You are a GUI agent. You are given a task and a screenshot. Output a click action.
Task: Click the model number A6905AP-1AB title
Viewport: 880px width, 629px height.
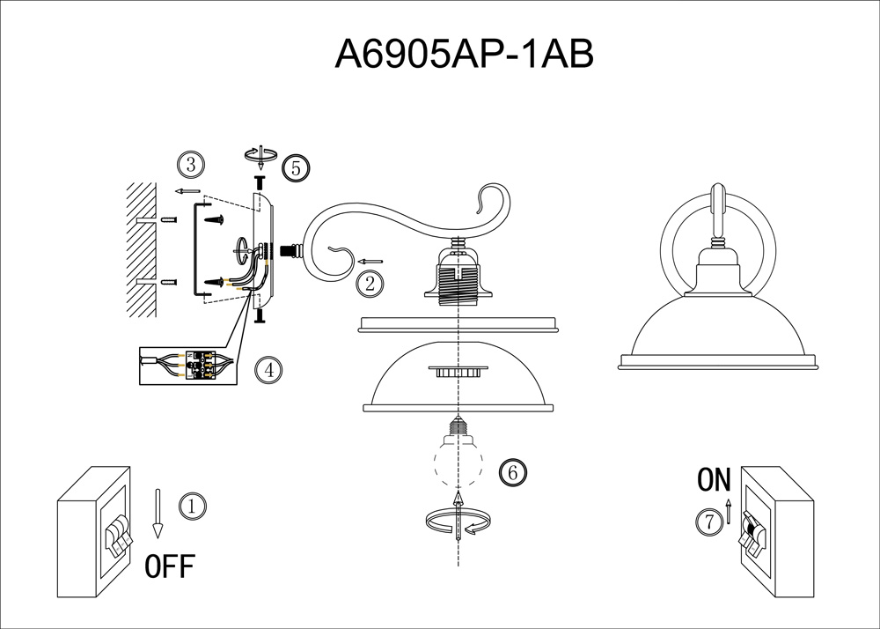point(464,55)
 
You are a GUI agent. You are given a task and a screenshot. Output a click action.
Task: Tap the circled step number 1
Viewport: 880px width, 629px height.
point(193,507)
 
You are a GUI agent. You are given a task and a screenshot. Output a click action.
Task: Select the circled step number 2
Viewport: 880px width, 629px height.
point(370,284)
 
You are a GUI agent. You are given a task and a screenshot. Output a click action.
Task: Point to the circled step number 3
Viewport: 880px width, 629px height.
point(191,165)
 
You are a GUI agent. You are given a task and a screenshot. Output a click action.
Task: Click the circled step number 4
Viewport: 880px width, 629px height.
point(268,370)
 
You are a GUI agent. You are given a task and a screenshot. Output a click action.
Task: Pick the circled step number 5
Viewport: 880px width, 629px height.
point(296,168)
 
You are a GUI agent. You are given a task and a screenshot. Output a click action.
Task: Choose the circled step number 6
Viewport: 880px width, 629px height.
point(513,472)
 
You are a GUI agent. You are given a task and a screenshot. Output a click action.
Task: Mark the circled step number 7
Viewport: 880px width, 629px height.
point(709,522)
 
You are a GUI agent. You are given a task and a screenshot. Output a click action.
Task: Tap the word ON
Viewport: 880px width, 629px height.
point(714,479)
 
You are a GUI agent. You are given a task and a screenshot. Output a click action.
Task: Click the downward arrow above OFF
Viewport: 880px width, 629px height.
point(158,514)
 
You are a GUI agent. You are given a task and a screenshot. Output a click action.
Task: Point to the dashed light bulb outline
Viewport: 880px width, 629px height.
point(458,454)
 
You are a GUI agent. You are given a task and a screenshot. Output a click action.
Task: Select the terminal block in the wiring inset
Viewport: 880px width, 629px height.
point(201,365)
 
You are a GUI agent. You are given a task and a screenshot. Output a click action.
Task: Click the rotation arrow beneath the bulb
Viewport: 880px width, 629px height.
point(459,522)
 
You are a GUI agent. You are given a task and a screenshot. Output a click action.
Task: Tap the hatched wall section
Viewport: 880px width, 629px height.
point(142,250)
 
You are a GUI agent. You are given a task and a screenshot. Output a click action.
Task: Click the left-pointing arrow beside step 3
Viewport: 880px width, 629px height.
point(187,191)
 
